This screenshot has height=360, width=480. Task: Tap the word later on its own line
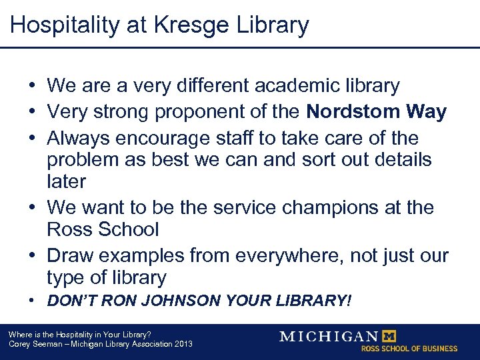(x=66, y=181)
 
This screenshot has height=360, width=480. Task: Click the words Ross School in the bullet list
(x=103, y=229)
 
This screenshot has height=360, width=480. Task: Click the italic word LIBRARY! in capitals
(x=309, y=301)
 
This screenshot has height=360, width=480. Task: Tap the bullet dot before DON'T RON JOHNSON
(x=32, y=301)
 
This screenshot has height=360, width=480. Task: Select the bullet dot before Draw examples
(x=32, y=255)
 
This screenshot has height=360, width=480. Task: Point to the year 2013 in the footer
(x=182, y=344)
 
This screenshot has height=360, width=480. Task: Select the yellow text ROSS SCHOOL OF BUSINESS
(x=409, y=349)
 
